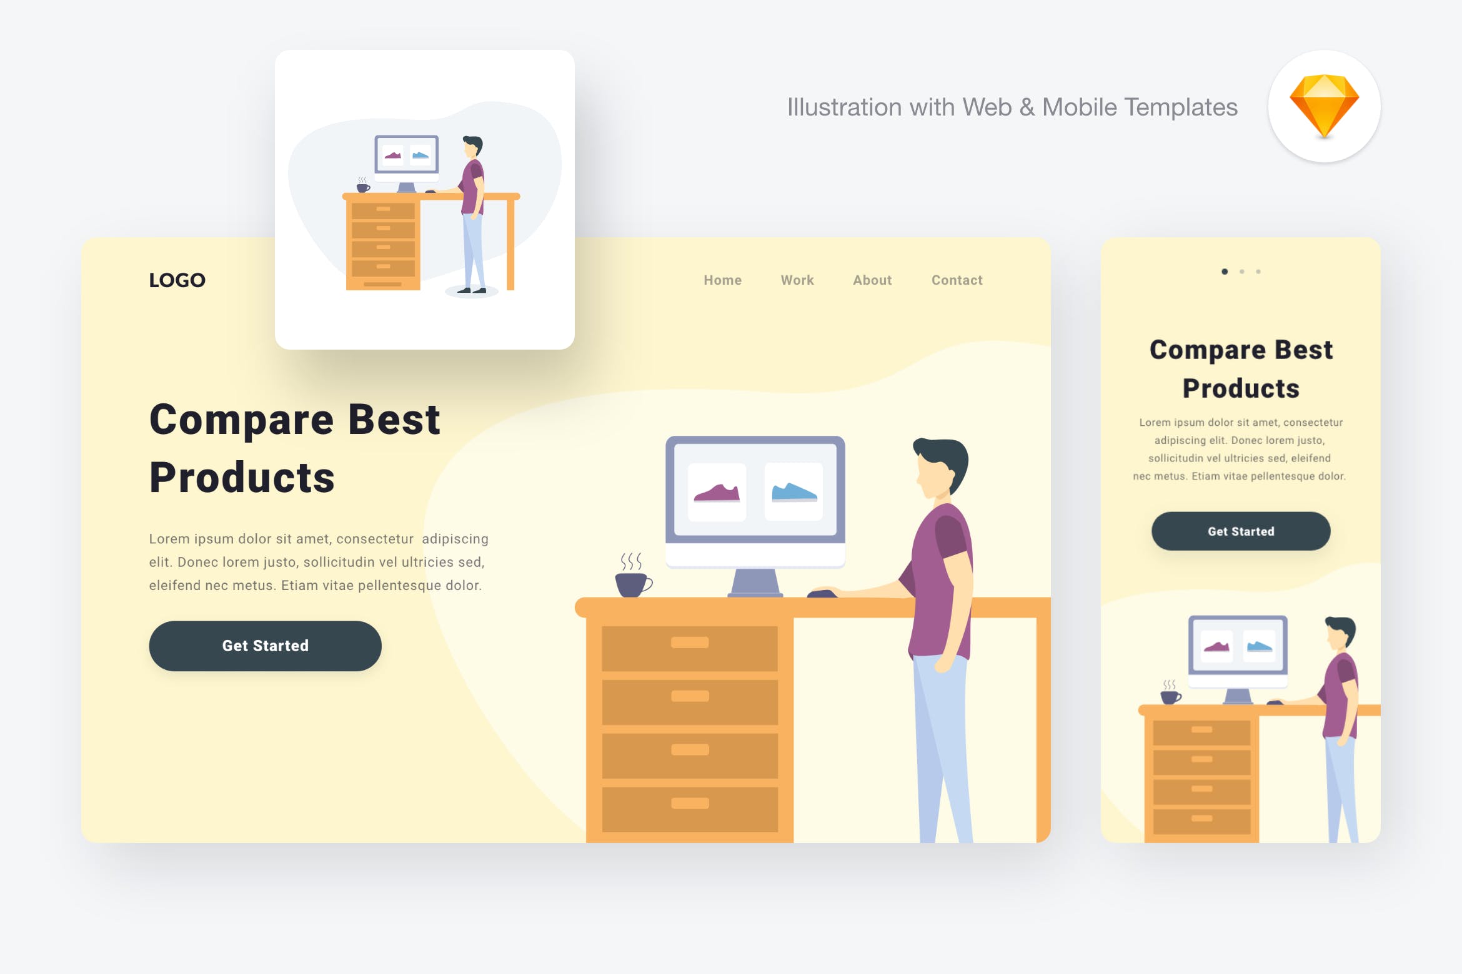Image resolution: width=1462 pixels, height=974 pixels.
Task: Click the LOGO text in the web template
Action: (177, 280)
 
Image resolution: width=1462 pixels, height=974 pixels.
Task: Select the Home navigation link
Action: (722, 280)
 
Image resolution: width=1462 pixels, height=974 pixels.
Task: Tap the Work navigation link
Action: (797, 280)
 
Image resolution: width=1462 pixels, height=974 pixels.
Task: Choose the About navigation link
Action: (872, 280)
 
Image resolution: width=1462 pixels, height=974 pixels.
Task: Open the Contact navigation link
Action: (957, 280)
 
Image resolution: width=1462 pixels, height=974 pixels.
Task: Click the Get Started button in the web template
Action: (265, 646)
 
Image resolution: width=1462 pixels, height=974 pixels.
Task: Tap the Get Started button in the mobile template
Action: (1240, 531)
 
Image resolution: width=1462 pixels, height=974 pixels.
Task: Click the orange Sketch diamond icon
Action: (1324, 105)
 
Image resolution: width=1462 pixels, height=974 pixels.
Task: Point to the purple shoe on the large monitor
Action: (717, 493)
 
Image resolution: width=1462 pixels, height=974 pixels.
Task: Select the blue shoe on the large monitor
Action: (793, 493)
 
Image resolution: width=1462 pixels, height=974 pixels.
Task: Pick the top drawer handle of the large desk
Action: (690, 642)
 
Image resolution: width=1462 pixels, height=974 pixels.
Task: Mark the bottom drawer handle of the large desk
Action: (690, 804)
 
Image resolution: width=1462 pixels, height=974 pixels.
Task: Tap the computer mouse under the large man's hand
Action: (822, 593)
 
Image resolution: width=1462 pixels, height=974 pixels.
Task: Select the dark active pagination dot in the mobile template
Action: (1225, 272)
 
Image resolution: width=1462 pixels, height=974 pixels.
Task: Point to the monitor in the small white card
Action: (406, 155)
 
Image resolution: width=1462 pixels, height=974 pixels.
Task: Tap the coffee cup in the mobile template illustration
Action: (1170, 696)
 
